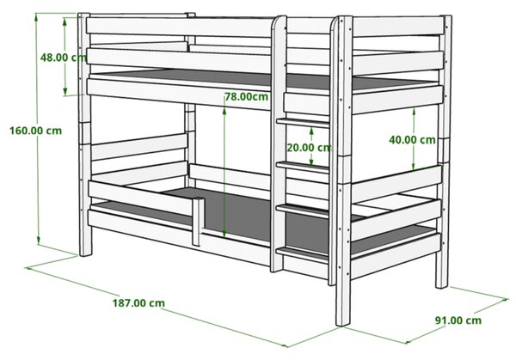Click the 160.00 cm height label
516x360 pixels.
click(x=35, y=131)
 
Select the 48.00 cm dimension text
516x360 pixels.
click(x=63, y=58)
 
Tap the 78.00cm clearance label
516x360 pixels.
click(x=247, y=96)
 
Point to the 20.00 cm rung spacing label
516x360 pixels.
click(x=309, y=147)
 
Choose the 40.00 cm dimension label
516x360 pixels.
click(x=412, y=140)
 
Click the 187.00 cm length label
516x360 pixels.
click(x=138, y=302)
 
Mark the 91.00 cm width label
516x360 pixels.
click(x=458, y=320)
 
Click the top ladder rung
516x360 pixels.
click(x=303, y=123)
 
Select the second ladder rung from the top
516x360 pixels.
click(x=303, y=167)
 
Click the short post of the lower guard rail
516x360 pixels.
click(x=198, y=222)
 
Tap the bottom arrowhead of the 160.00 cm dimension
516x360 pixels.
click(x=39, y=241)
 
